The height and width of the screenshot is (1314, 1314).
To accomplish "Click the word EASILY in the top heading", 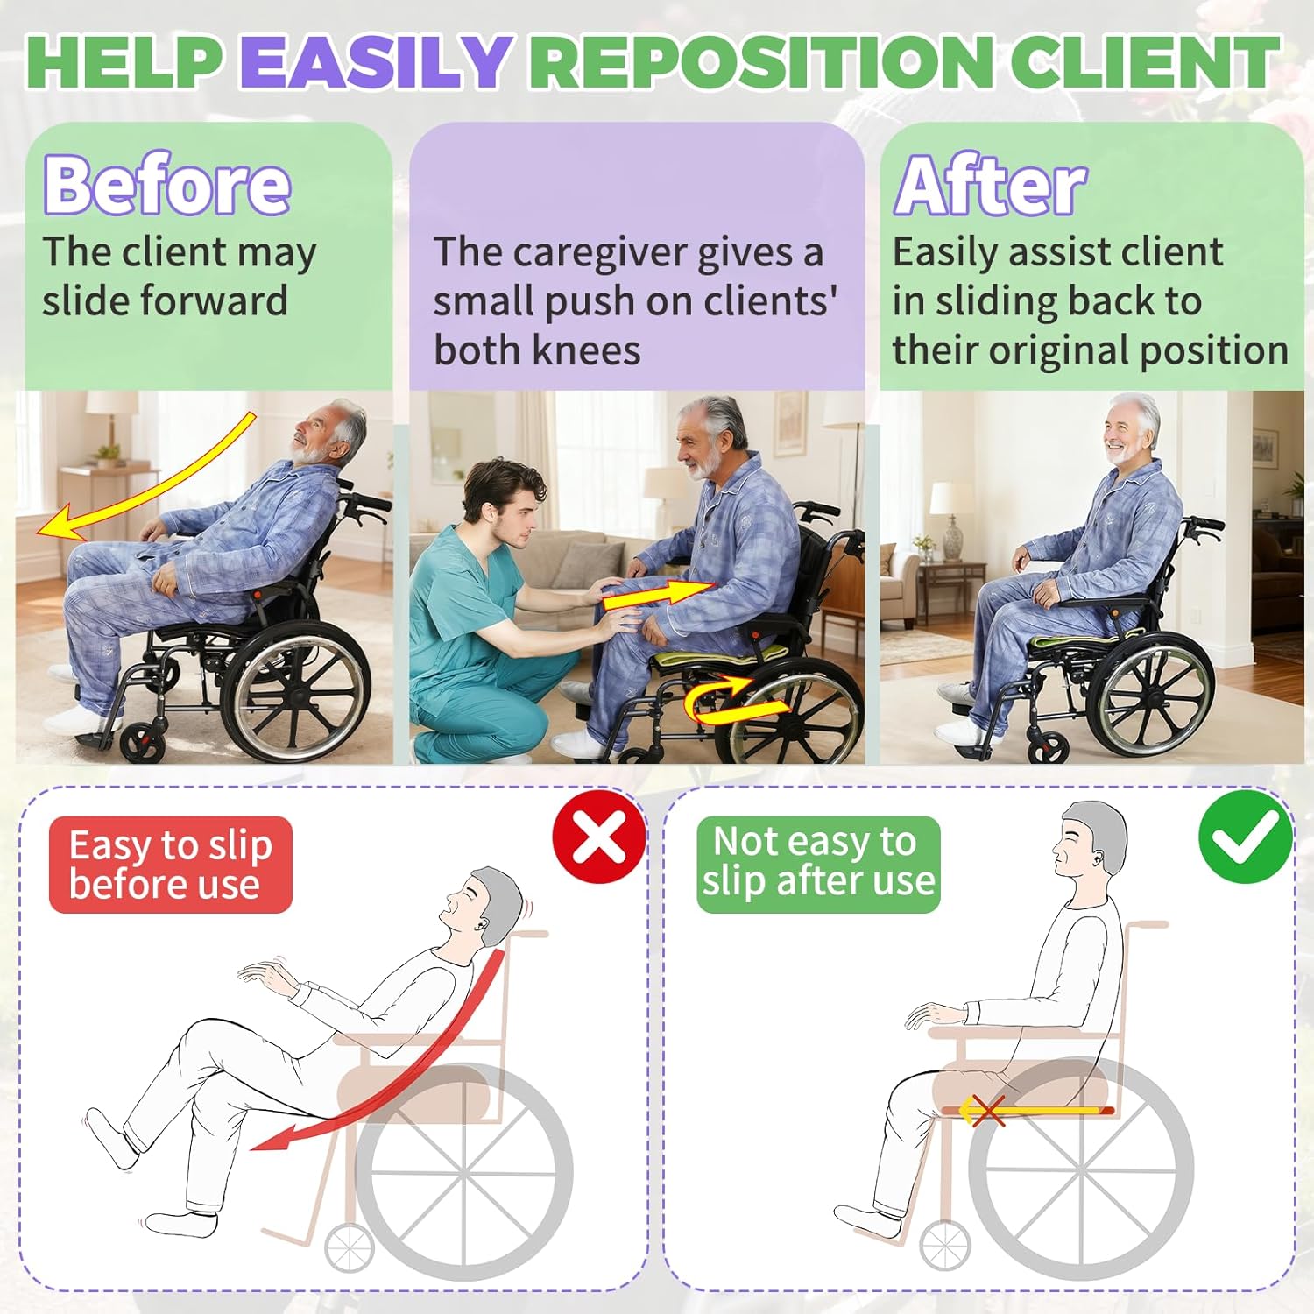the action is [x=375, y=61].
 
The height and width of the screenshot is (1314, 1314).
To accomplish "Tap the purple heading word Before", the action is [x=167, y=185].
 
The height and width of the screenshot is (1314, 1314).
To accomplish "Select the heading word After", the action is [x=990, y=185].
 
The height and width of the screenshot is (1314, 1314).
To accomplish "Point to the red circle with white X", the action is [x=600, y=836].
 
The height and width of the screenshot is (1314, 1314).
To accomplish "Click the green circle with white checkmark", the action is [x=1246, y=836].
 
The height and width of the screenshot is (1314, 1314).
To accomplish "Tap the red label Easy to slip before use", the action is [x=171, y=865].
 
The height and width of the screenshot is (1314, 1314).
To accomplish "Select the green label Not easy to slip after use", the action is [x=818, y=863].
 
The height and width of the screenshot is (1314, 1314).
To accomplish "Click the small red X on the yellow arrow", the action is [x=988, y=1111].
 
